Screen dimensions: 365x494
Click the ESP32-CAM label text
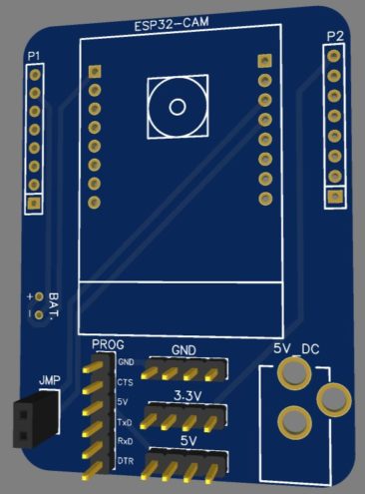pyautogui.click(x=172, y=24)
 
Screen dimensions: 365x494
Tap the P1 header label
pyautogui.click(x=34, y=56)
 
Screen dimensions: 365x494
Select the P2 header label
pyautogui.click(x=335, y=37)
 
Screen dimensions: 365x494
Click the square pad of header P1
pyautogui.click(x=34, y=202)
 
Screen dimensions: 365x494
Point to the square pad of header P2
pyautogui.click(x=335, y=197)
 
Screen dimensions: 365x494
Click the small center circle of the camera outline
pyautogui.click(x=178, y=107)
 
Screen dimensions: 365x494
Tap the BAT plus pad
pyautogui.click(x=40, y=296)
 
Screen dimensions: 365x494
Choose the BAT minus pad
pyautogui.click(x=40, y=314)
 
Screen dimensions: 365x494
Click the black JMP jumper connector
pyautogui.click(x=36, y=418)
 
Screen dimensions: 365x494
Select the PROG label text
pyautogui.click(x=108, y=345)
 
